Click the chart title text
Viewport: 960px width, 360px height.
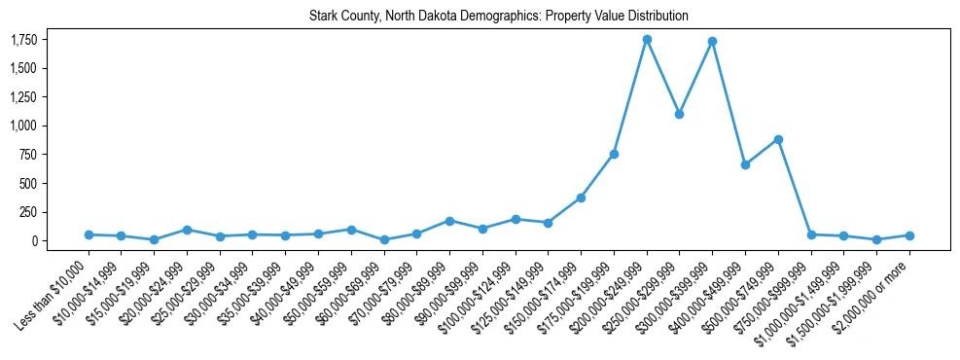[x=499, y=17]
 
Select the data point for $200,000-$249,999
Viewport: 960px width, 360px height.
[x=647, y=39]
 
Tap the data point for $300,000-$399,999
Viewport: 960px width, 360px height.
[x=713, y=41]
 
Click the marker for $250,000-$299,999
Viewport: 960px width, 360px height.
[x=680, y=114]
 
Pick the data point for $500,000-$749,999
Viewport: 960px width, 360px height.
[x=778, y=139]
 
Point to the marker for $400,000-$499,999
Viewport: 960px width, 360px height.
[x=745, y=164]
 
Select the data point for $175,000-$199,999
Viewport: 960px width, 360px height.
[x=614, y=154]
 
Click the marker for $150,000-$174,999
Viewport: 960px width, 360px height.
[x=581, y=198]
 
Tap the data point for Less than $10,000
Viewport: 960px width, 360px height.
[x=89, y=234]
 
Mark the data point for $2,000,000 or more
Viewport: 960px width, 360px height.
[x=909, y=235]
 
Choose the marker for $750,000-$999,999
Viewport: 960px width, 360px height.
[x=811, y=234]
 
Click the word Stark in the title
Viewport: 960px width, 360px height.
[x=324, y=17]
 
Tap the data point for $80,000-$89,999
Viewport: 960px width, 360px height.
[x=449, y=221]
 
